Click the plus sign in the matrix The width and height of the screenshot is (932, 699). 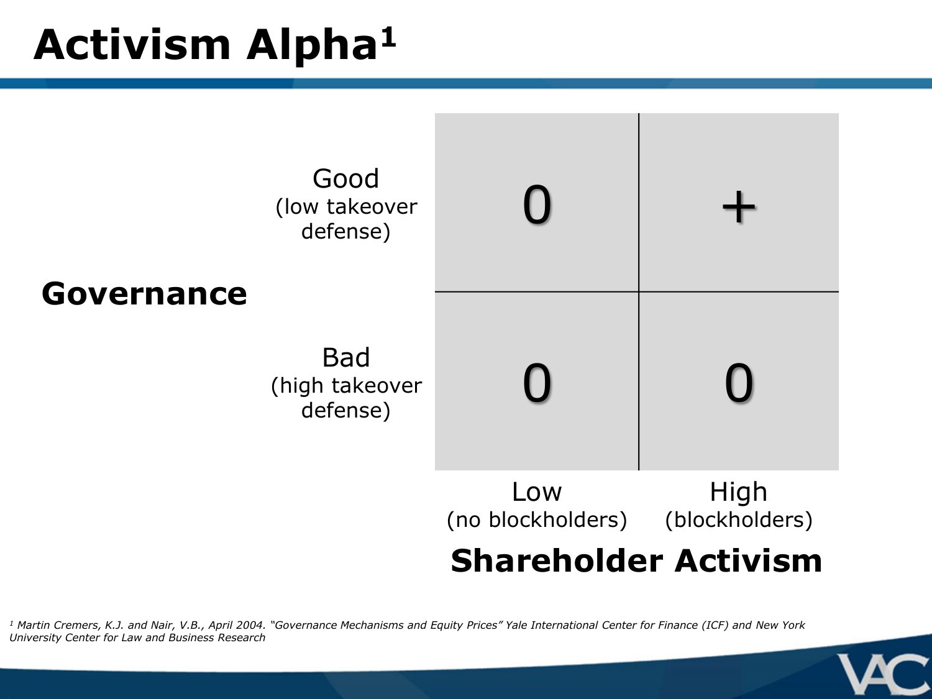pyautogui.click(x=739, y=207)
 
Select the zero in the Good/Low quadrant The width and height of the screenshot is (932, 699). pyautogui.click(x=537, y=204)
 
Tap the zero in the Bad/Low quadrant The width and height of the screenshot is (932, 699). pyautogui.click(x=537, y=383)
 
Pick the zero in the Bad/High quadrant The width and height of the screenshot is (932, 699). pyautogui.click(x=739, y=383)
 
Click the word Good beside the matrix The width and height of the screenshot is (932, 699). pyautogui.click(x=345, y=178)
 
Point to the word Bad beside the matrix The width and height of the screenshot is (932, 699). pyautogui.click(x=346, y=357)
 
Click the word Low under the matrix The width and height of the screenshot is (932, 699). pyautogui.click(x=537, y=492)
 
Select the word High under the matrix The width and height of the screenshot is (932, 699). pyautogui.click(x=739, y=492)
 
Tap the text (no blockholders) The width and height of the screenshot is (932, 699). pyautogui.click(x=537, y=520)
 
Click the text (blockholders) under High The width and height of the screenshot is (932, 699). pyautogui.click(x=739, y=520)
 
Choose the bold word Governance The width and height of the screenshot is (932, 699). pyautogui.click(x=144, y=294)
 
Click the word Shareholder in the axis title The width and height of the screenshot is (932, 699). pyautogui.click(x=557, y=560)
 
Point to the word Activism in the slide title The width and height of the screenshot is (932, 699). pyautogui.click(x=132, y=45)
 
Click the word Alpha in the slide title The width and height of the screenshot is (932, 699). pyautogui.click(x=312, y=47)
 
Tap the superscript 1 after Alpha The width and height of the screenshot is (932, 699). pyautogui.click(x=388, y=38)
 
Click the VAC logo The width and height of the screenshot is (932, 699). pyautogui.click(x=883, y=675)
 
